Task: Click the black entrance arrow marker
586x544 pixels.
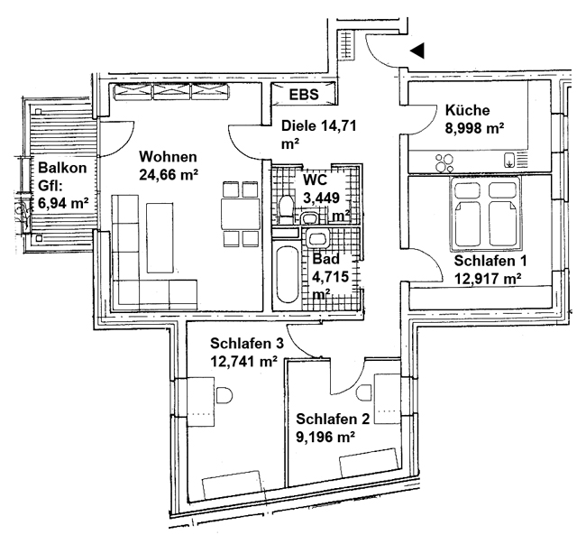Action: coord(418,51)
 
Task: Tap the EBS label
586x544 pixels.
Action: coord(304,94)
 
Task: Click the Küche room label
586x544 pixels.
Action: coord(467,110)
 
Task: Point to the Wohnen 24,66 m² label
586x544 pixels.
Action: coord(169,165)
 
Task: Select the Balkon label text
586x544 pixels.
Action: coord(62,168)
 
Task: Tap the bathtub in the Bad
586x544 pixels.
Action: coord(288,273)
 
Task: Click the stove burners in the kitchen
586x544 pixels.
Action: coord(444,162)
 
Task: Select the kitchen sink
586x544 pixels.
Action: coord(509,160)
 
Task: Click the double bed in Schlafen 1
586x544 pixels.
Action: coord(486,214)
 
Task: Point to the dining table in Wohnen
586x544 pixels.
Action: coord(241,214)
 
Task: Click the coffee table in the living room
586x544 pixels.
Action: coord(160,238)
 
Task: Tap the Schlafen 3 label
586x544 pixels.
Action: coord(247,343)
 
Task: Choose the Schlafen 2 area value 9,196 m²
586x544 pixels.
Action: coord(325,437)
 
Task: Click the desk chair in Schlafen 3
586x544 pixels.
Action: coord(224,395)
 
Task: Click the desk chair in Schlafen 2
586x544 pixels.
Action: coord(364,393)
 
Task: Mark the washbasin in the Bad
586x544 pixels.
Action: coord(317,238)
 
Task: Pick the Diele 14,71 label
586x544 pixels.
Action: coord(318,125)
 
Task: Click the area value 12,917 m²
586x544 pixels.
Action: coord(488,278)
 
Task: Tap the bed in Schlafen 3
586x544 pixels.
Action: coord(233,485)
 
